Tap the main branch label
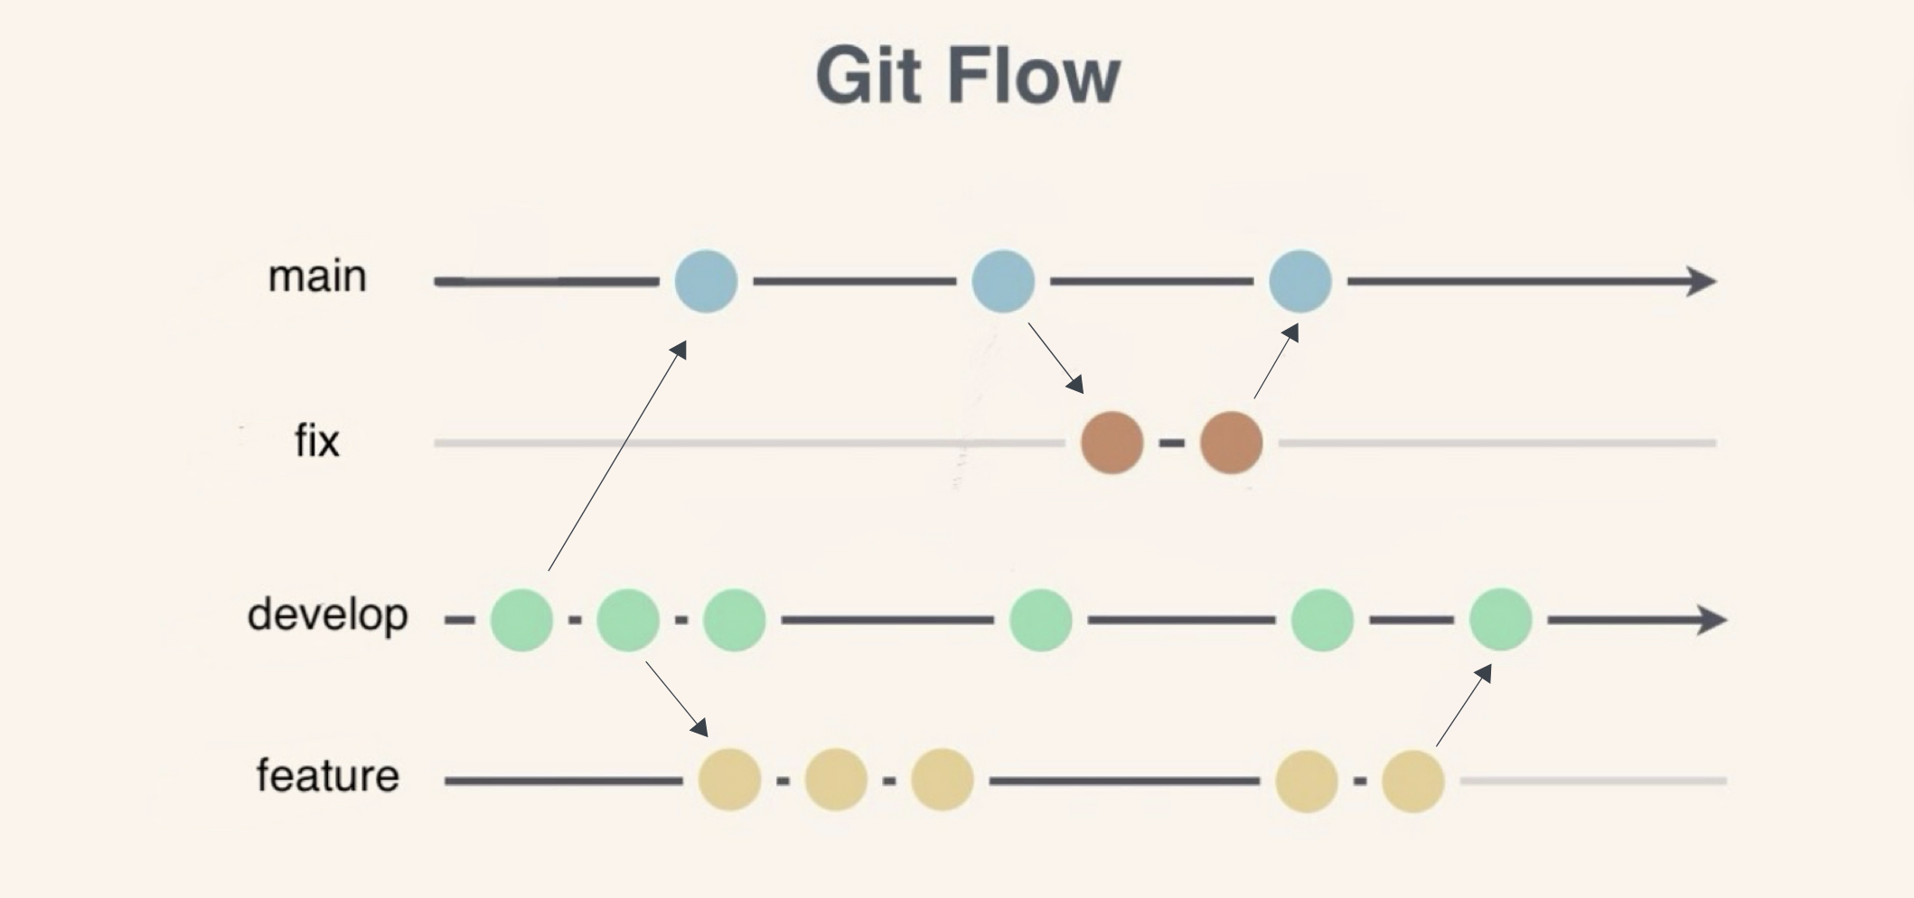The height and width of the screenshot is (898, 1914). coord(317,276)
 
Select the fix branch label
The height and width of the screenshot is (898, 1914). coord(317,442)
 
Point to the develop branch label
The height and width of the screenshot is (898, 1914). coord(327,616)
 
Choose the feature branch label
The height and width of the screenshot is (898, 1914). coord(327,776)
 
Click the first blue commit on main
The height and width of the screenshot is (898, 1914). coord(706,282)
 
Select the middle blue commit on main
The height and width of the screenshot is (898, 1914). coord(1003,282)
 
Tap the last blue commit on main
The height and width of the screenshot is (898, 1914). coord(1299,282)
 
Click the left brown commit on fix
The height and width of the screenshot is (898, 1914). coord(1112,443)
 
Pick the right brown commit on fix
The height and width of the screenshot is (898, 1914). coord(1231,443)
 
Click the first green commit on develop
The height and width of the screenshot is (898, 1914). coord(521,620)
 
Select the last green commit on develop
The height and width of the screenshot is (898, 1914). coord(1500,620)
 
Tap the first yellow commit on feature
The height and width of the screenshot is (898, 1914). coord(729,780)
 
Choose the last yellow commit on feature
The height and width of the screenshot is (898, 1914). coord(1412,780)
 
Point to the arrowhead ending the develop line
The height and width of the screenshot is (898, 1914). coord(1712,620)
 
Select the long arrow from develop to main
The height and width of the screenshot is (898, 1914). coord(616,457)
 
